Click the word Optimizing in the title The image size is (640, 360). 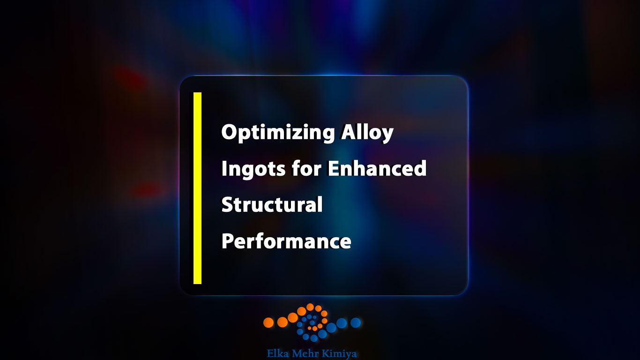(x=278, y=133)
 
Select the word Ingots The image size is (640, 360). (x=253, y=169)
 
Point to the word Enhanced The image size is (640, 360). (x=377, y=168)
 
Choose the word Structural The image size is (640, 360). (x=272, y=204)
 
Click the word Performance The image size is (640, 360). (x=286, y=241)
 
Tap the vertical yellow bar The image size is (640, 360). (x=197, y=188)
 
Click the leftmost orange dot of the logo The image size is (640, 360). (x=268, y=322)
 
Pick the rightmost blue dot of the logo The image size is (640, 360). (x=356, y=322)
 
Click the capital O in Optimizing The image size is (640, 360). (x=230, y=132)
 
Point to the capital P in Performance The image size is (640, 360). (x=228, y=241)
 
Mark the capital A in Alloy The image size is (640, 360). (x=350, y=132)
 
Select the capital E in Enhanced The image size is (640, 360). (x=333, y=168)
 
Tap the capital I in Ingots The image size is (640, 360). (x=224, y=168)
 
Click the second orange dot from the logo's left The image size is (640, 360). (x=283, y=322)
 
